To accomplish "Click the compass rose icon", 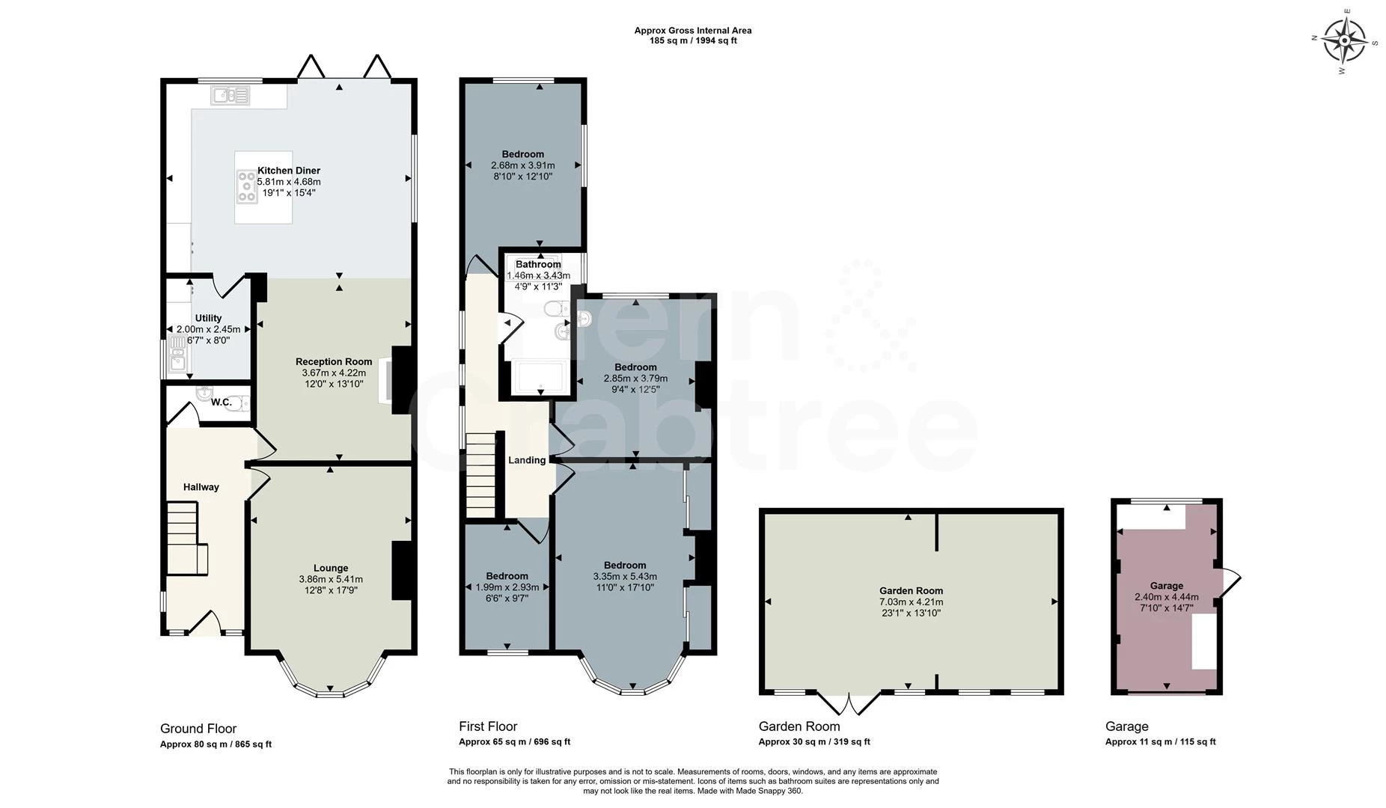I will pyautogui.click(x=1345, y=40).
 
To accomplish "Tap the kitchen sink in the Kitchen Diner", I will pyautogui.click(x=231, y=96).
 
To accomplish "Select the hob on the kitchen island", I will pyautogui.click(x=246, y=186).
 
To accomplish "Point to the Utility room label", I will pyautogui.click(x=208, y=318).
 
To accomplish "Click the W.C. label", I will pyautogui.click(x=221, y=403).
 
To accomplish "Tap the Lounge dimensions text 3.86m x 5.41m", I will pyautogui.click(x=331, y=579).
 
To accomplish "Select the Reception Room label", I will pyautogui.click(x=334, y=361).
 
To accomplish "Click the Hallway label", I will pyautogui.click(x=201, y=487).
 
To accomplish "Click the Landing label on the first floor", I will pyautogui.click(x=527, y=460).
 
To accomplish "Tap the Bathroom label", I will pyautogui.click(x=538, y=264).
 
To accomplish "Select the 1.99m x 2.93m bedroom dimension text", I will pyautogui.click(x=507, y=587).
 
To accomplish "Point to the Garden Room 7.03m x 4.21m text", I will pyautogui.click(x=911, y=602).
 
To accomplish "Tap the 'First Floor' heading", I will pyautogui.click(x=488, y=726).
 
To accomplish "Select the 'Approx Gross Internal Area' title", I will pyautogui.click(x=693, y=31).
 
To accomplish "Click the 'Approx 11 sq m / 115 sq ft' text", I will pyautogui.click(x=1160, y=742).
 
